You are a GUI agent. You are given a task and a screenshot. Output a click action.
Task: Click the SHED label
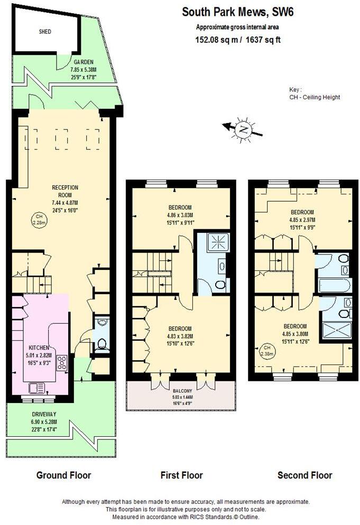(x=45, y=32)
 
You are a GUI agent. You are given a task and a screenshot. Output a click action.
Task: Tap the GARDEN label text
(x=84, y=62)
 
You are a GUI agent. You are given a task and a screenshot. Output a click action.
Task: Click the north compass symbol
(x=243, y=128)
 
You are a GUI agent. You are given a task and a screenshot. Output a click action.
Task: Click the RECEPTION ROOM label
(x=65, y=191)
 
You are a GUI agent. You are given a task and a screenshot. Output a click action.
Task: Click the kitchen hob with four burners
(x=62, y=363)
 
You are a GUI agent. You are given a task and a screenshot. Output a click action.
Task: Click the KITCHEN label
(x=39, y=347)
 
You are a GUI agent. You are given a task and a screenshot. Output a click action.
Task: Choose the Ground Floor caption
(x=63, y=475)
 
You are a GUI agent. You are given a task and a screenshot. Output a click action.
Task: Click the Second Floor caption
(x=305, y=475)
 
